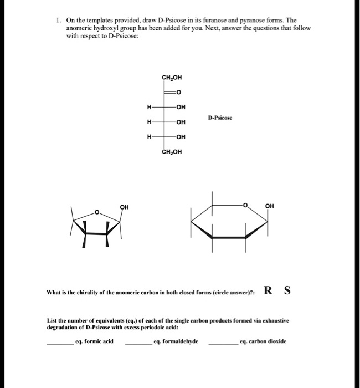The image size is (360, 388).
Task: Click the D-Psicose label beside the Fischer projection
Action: [219, 118]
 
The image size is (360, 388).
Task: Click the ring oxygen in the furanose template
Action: [96, 212]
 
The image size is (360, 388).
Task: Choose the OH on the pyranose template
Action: [270, 206]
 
